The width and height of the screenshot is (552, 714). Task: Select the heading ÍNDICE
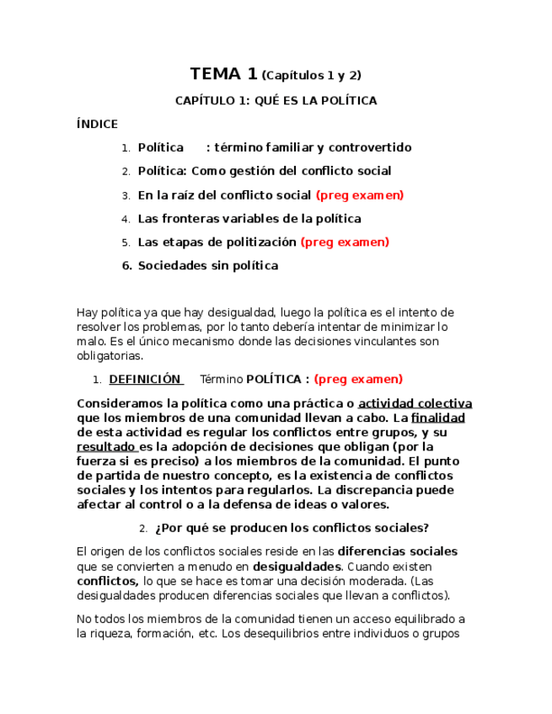[x=97, y=124]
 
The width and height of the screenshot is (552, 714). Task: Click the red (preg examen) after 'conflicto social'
[x=360, y=195]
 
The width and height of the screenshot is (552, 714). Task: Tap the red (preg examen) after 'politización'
[x=345, y=242]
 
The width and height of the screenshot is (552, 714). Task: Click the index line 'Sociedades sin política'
[x=207, y=266]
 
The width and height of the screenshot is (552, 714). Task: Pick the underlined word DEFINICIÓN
[x=145, y=379]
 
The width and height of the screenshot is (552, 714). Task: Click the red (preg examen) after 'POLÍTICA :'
[x=358, y=379]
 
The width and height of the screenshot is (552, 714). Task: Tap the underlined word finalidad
[x=438, y=418]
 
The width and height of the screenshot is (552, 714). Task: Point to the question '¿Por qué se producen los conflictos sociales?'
[x=292, y=528]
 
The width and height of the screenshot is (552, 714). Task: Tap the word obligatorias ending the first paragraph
[x=110, y=355]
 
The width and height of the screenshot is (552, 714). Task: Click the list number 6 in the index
[x=126, y=266]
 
